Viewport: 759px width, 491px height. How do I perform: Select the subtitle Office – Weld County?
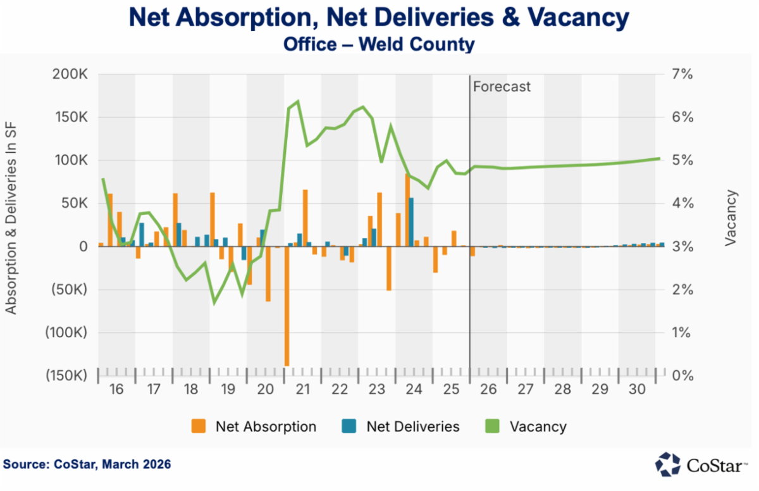379,45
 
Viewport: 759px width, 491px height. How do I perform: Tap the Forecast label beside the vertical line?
502,87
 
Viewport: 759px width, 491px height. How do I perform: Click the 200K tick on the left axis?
70,75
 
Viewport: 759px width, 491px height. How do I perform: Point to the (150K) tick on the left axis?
66,376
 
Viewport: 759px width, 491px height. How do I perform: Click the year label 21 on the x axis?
302,390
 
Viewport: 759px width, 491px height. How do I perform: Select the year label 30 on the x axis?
637,390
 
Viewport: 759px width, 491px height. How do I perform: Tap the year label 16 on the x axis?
116,390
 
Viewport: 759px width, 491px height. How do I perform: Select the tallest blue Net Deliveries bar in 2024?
411,222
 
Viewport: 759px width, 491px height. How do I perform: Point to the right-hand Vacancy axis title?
732,218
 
